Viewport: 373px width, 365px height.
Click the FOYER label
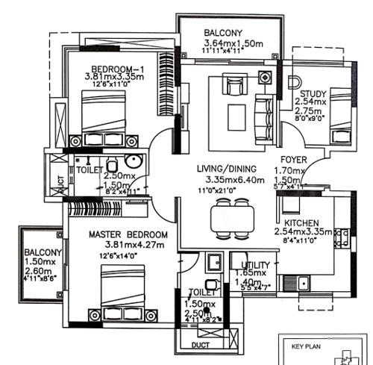(294, 160)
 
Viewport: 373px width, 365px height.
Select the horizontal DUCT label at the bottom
(199, 346)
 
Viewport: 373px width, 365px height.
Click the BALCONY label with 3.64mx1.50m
(223, 32)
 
